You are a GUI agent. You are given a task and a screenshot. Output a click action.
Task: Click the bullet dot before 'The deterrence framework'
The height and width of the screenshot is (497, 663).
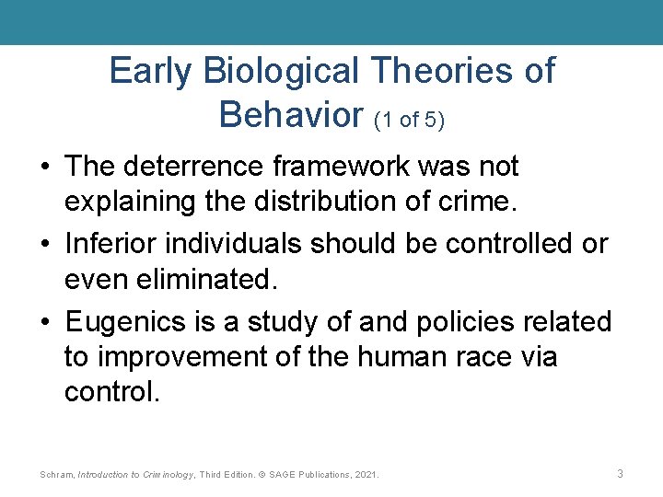pos(44,168)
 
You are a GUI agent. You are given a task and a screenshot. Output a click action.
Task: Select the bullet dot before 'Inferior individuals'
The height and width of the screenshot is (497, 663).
pos(44,245)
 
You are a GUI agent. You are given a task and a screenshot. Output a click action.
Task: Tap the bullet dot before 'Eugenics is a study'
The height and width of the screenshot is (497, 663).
pos(44,323)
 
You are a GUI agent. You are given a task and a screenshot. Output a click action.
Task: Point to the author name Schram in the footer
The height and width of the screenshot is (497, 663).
pos(57,474)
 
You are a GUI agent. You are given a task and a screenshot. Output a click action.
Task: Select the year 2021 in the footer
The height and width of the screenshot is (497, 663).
pos(366,474)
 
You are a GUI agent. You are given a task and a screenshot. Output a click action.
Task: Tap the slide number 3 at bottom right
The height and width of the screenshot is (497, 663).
pos(620,473)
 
